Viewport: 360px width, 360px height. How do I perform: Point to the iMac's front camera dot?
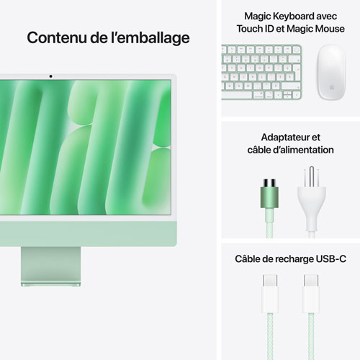coord(50,76)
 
